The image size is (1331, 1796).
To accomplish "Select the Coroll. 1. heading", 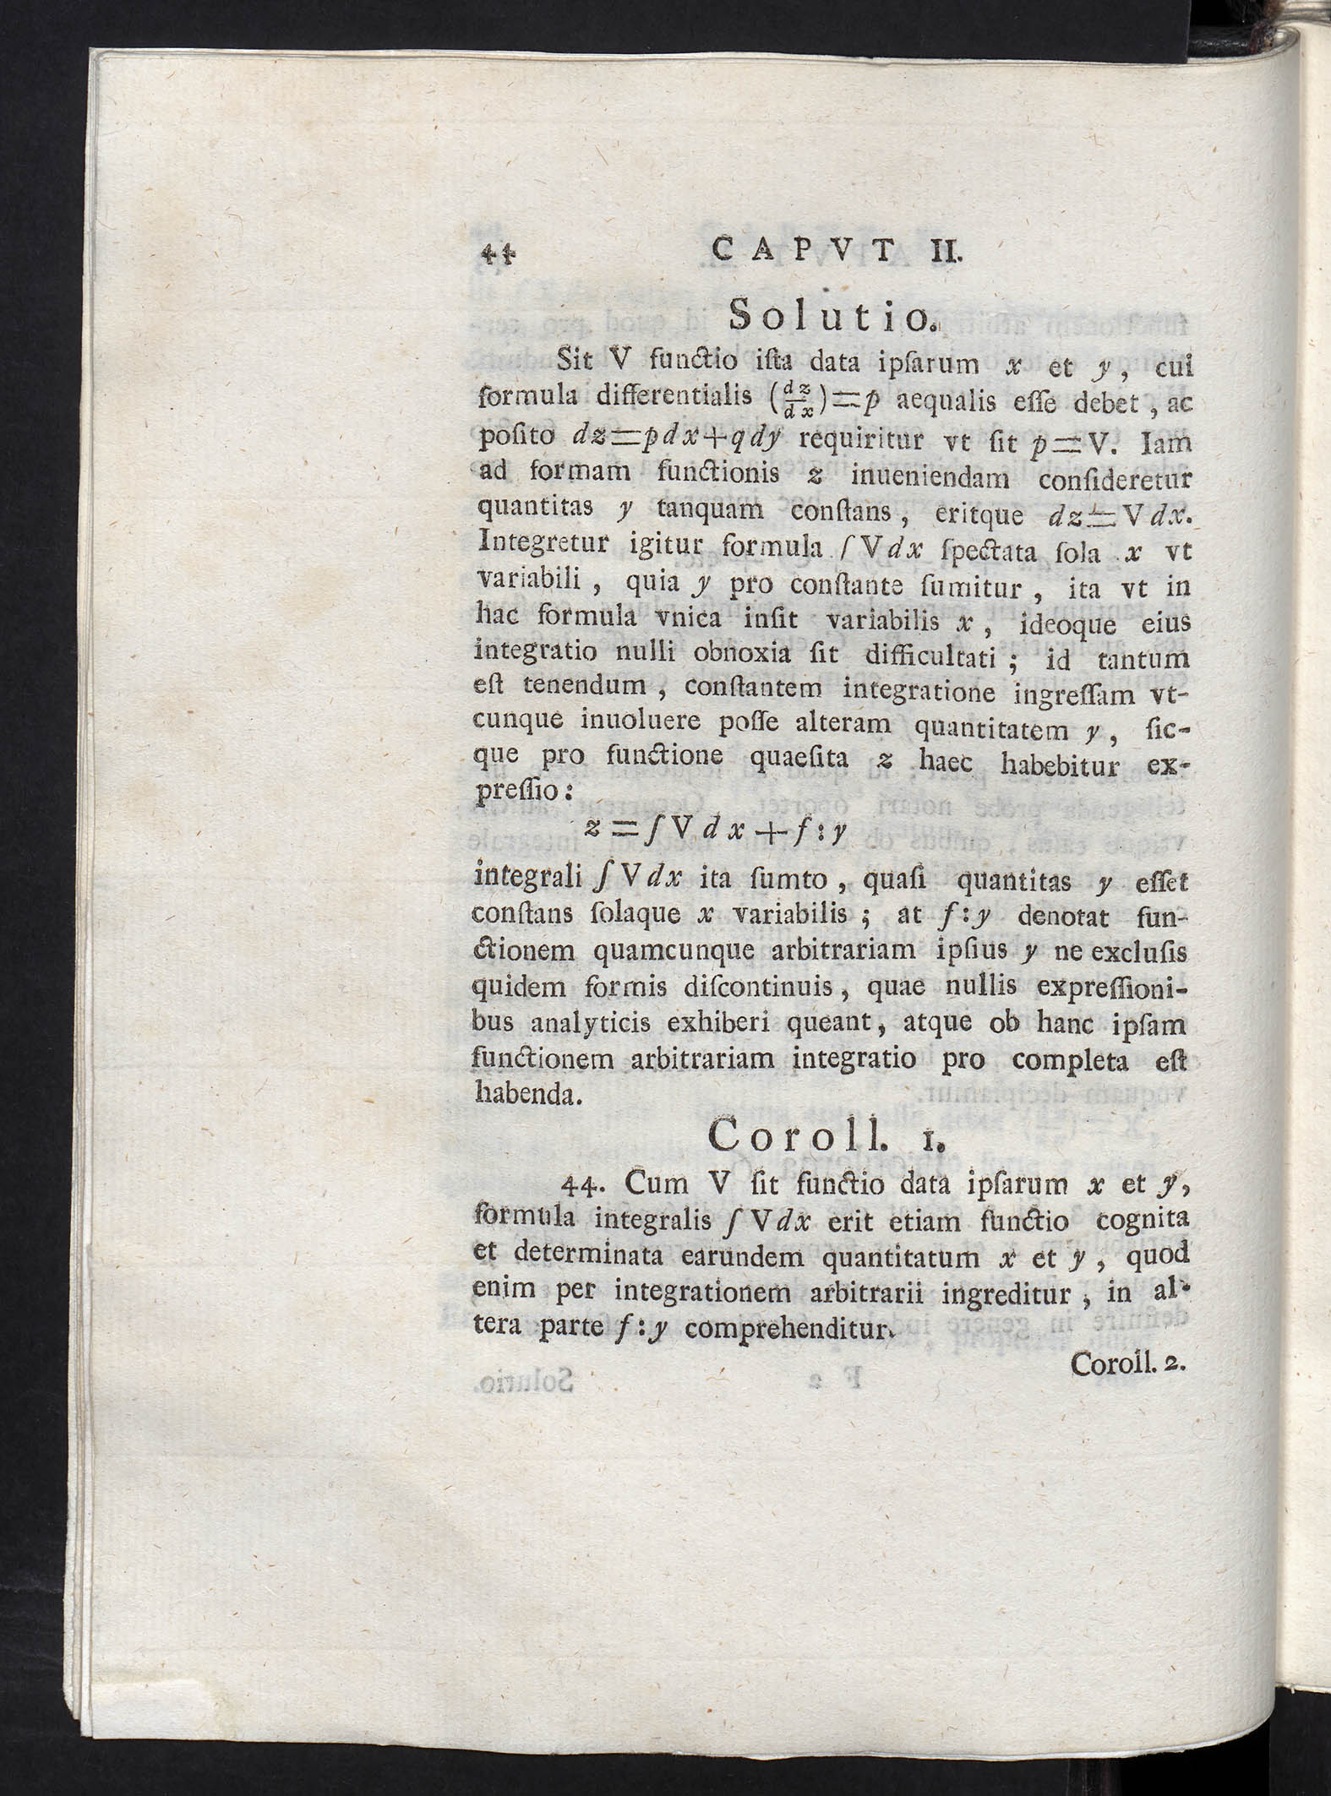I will (827, 1138).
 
